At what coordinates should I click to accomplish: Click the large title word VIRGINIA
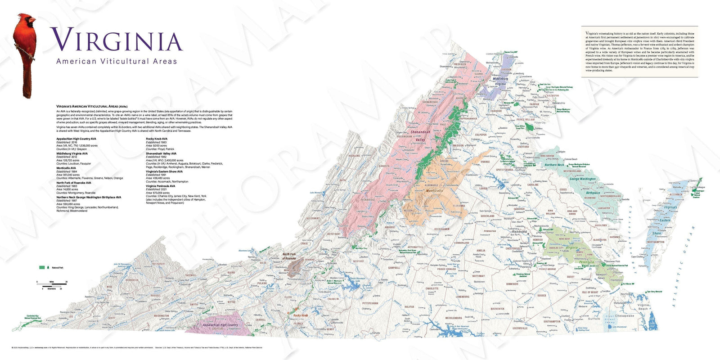tap(116, 40)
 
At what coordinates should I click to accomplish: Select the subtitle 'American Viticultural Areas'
tap(116, 61)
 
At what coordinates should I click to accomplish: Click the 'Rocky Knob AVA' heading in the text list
tap(157, 139)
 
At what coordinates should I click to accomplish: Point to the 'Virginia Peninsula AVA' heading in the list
tap(161, 186)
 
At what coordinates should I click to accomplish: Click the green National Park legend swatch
tap(42, 267)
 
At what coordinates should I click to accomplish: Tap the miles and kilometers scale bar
tap(52, 285)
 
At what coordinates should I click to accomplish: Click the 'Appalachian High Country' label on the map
tap(220, 325)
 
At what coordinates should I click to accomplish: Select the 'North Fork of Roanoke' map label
tap(289, 256)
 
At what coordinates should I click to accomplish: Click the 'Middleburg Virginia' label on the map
tap(500, 81)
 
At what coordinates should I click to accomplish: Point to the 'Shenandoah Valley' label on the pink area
tap(419, 136)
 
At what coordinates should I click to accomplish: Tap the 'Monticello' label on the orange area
tap(434, 191)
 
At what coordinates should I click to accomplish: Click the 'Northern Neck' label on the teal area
tap(554, 165)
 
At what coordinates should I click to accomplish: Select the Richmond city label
tap(519, 231)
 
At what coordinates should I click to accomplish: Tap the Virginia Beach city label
tap(643, 307)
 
